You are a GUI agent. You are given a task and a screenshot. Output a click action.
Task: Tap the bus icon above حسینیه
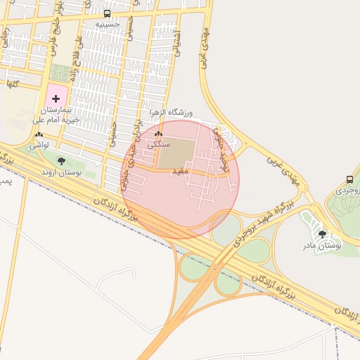coord(107,13)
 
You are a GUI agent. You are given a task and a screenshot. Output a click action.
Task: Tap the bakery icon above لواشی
coord(39,134)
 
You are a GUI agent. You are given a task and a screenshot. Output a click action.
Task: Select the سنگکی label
coord(158,143)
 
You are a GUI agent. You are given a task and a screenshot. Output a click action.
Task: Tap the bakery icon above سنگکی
coord(158,134)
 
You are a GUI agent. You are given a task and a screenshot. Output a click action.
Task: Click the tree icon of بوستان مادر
coord(322,234)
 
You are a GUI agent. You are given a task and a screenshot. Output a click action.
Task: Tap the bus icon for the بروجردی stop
coord(350,180)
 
